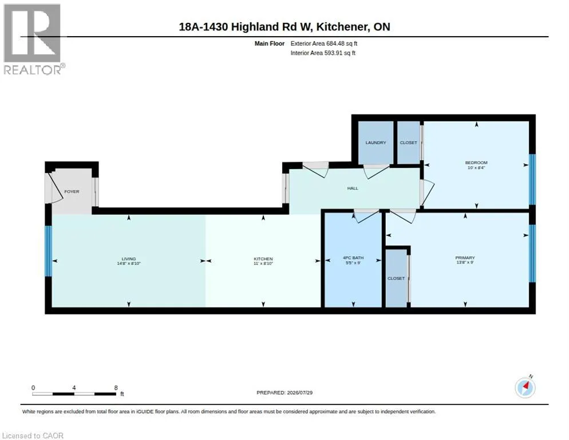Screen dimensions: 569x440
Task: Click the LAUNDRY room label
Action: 376,143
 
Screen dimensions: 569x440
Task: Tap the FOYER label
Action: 72,191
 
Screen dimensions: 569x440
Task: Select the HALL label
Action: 353,188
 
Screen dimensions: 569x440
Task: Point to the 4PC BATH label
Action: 353,258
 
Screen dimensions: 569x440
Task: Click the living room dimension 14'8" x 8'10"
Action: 128,263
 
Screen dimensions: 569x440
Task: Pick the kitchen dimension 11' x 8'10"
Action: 263,263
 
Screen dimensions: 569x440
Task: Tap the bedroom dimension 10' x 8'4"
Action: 476,167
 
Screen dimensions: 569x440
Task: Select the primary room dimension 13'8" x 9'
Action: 465,262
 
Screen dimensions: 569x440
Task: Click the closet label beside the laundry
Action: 408,143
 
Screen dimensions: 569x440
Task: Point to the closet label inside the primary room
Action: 396,278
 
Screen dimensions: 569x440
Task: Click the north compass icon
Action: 525,388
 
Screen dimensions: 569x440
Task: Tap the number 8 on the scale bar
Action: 116,388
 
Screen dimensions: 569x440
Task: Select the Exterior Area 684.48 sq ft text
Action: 323,44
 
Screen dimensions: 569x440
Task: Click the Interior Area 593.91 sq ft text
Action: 323,53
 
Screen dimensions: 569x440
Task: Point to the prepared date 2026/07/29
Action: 300,393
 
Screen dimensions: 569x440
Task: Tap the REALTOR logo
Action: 34,39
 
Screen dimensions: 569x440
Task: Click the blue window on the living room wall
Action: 48,251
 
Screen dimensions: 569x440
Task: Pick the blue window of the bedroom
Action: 532,179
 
